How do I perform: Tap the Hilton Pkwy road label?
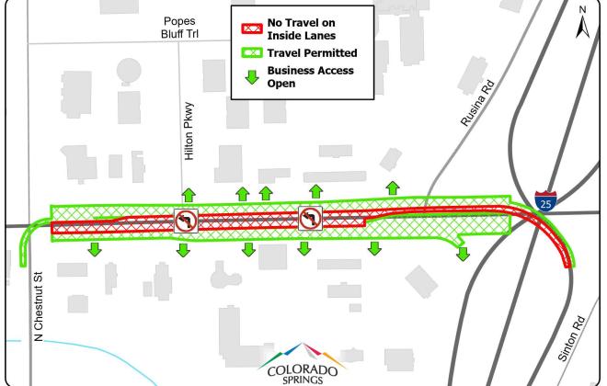(x=189, y=131)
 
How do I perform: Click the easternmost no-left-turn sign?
(x=310, y=219)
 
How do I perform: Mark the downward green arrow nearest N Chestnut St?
(x=95, y=250)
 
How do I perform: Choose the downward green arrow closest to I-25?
(x=462, y=253)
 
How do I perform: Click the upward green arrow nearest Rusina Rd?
(x=393, y=187)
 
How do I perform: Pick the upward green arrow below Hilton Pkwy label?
(x=189, y=194)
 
